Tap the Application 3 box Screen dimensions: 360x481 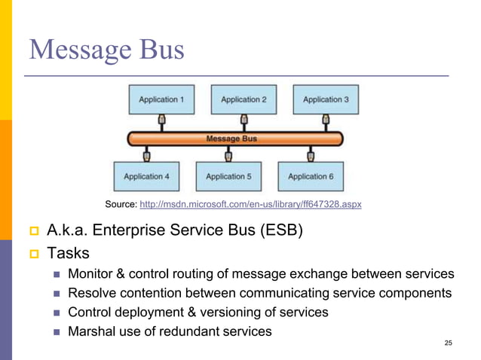coord(325,99)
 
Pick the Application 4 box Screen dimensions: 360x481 coord(146,176)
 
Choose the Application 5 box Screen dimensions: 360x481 coord(227,176)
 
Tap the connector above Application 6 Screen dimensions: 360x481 coord(309,156)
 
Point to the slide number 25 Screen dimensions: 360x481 coord(449,343)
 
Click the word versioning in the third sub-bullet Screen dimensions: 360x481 coord(235,312)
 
